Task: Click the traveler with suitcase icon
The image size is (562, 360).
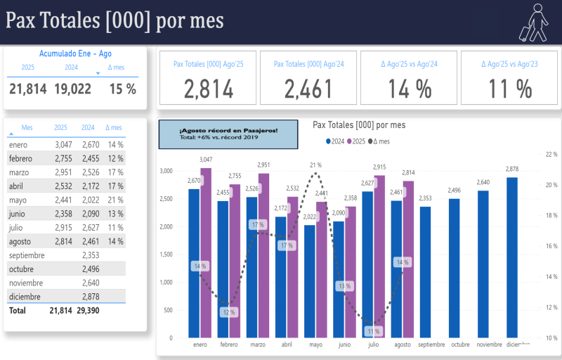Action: coord(533,22)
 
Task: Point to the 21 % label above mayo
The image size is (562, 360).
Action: coord(316,165)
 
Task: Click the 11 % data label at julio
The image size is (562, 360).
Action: coord(373,331)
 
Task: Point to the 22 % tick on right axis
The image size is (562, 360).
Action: coord(551,154)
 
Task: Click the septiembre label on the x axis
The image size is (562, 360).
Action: coord(431,345)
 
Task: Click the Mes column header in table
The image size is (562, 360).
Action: coord(27,128)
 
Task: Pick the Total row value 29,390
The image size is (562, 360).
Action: coord(88,310)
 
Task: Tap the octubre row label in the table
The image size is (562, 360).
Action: coord(22,269)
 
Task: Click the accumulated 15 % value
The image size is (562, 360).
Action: coord(122,89)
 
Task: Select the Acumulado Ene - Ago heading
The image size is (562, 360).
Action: coord(75,53)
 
